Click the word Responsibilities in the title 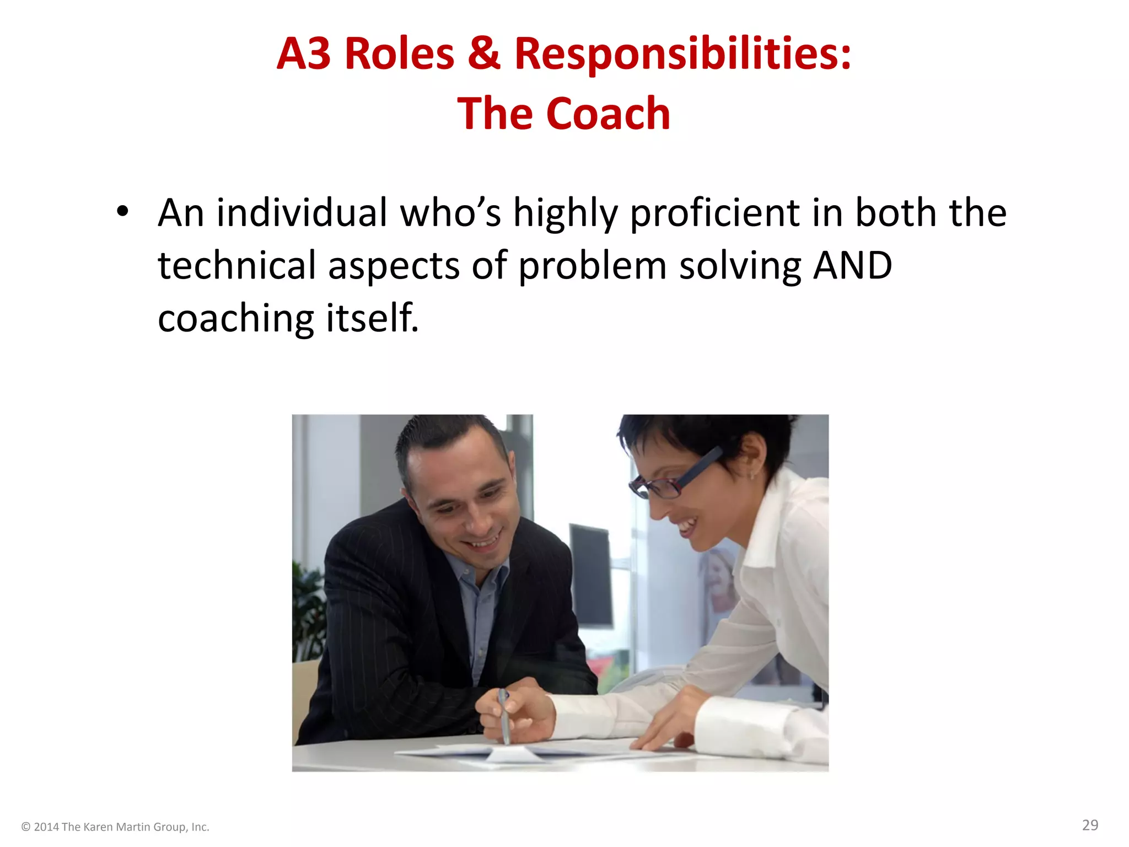click(x=683, y=54)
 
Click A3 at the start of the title click(x=304, y=54)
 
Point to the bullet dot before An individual click(x=122, y=211)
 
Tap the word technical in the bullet click(x=237, y=265)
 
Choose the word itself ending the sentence click(x=372, y=318)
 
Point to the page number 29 click(x=1090, y=825)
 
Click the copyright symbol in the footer click(x=25, y=827)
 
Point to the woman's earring click(x=752, y=474)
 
